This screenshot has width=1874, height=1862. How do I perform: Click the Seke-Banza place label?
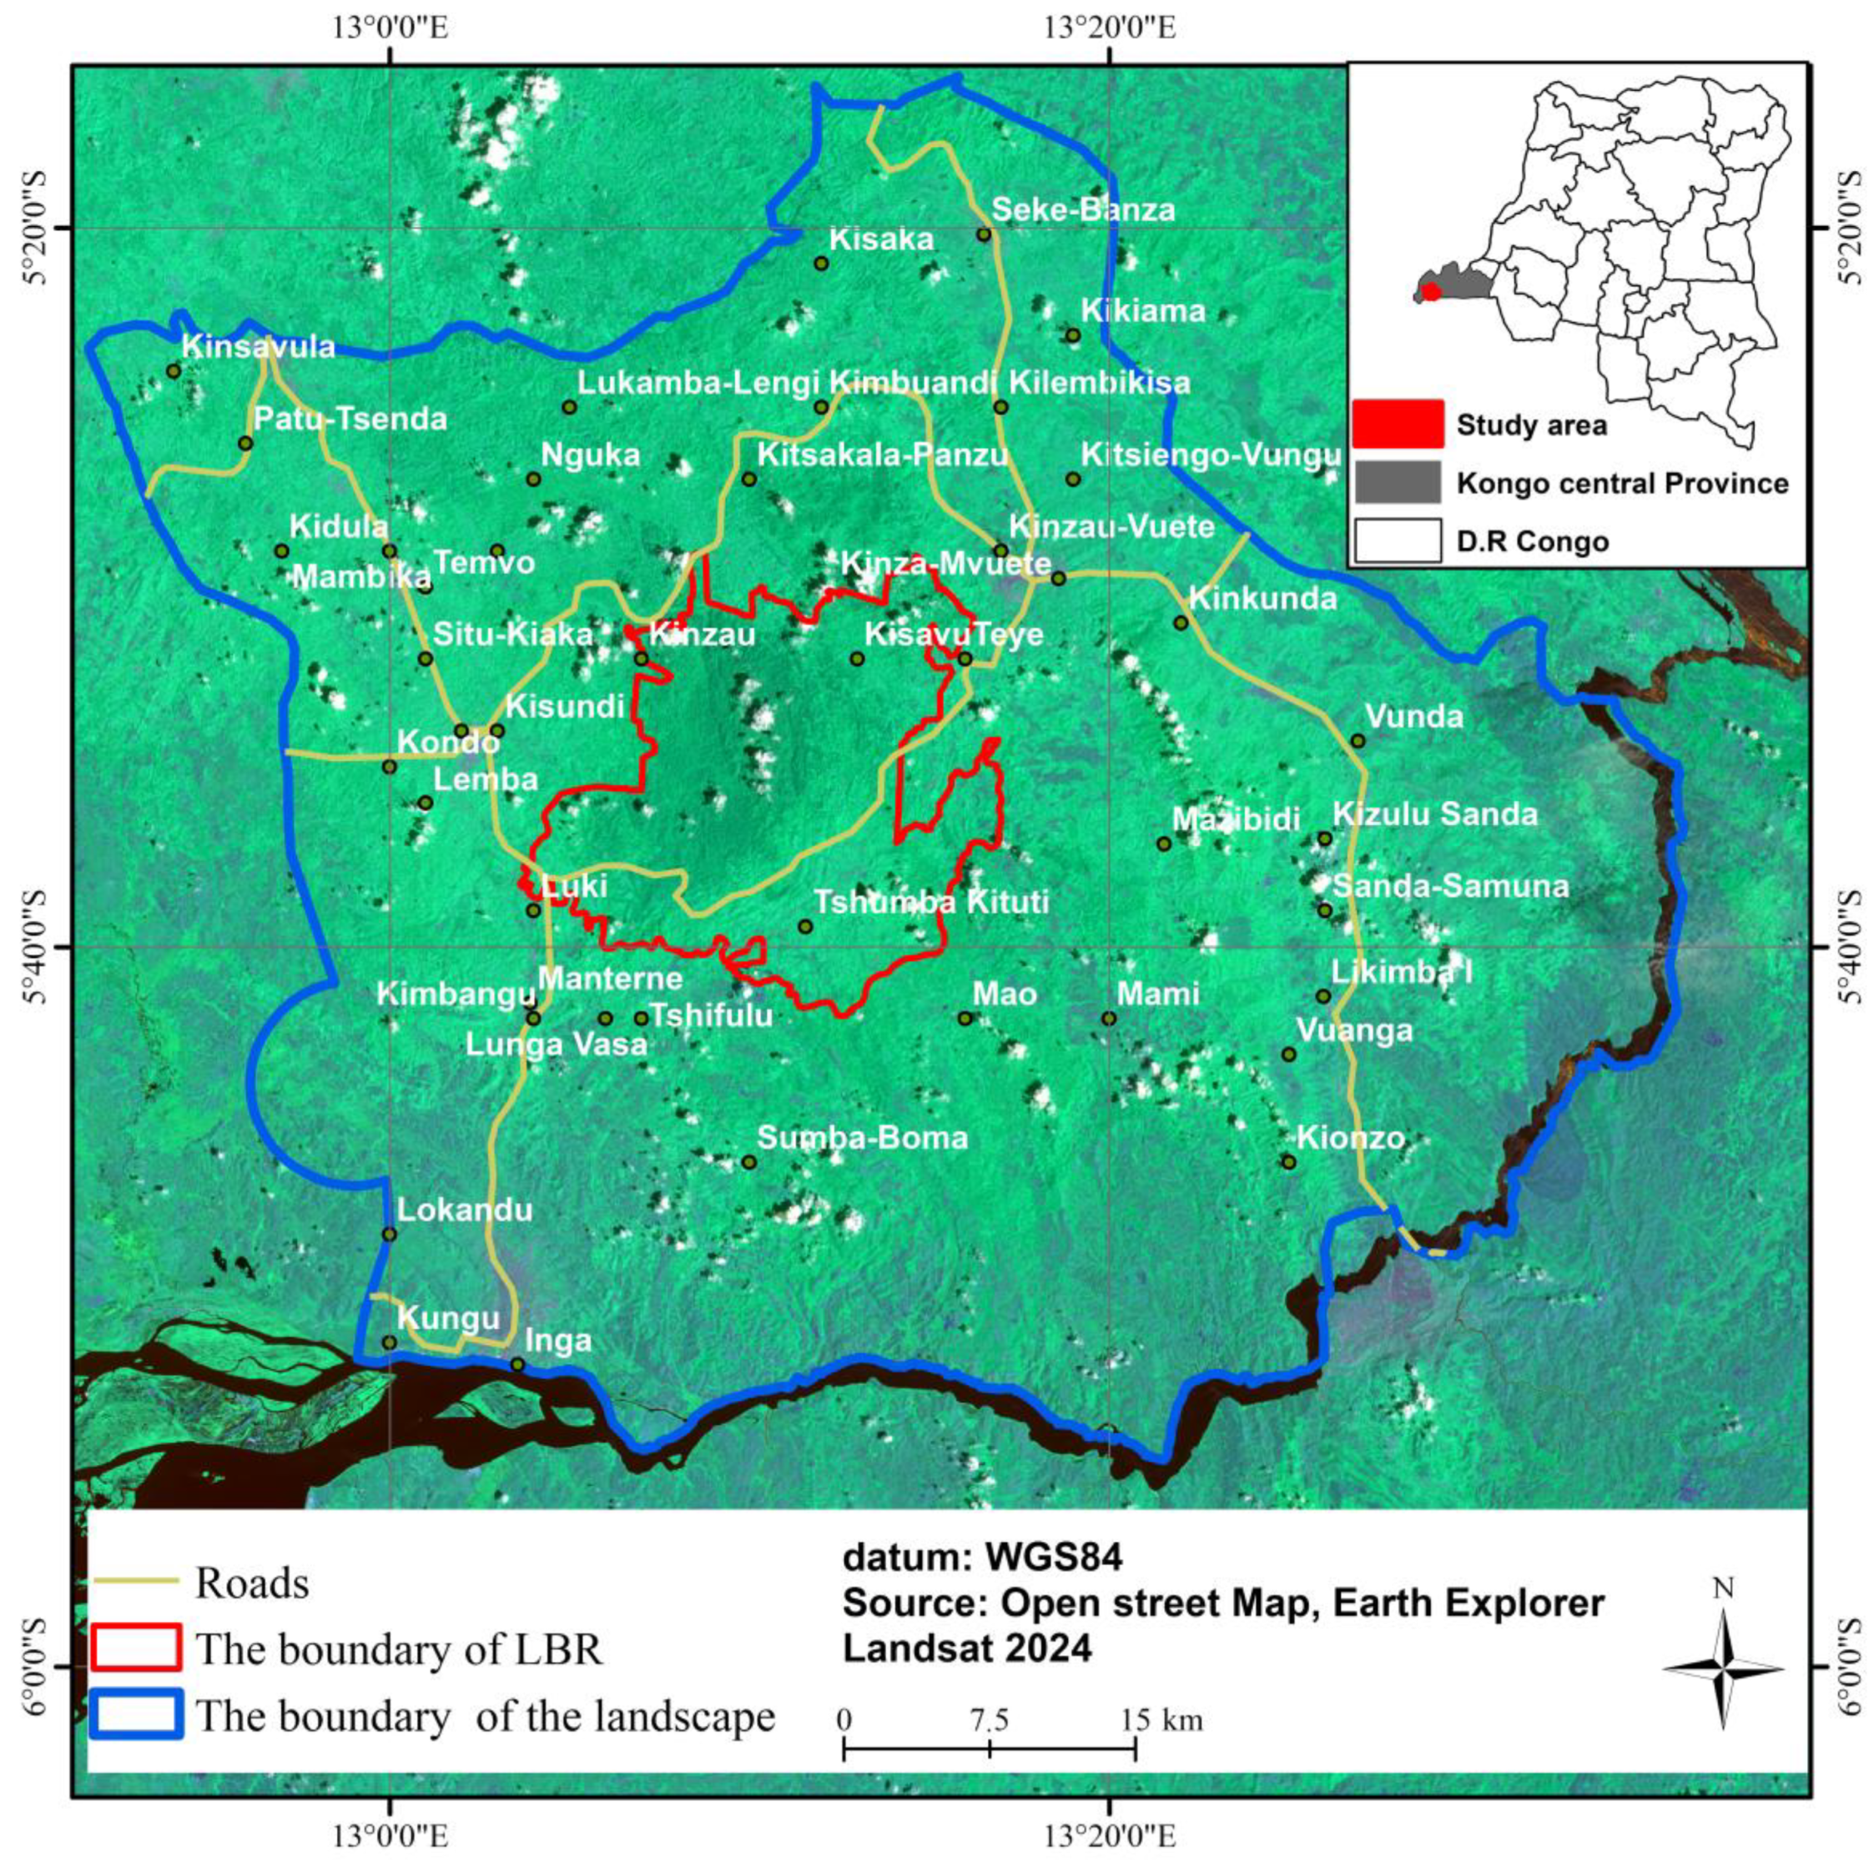coord(1081,210)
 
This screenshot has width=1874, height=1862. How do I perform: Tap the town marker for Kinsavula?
coord(174,370)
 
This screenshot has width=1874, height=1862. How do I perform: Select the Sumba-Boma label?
coord(861,1138)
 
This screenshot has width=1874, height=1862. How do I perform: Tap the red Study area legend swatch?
coord(1398,425)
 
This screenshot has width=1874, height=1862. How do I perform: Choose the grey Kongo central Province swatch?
coord(1398,482)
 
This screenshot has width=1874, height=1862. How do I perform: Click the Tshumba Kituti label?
coord(930,902)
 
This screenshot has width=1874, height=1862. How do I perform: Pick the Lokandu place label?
coord(465,1210)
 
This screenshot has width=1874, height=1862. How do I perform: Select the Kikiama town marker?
coord(1073,335)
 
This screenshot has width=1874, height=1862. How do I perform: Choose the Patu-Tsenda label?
coord(350,419)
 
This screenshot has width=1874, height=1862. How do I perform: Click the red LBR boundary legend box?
coord(136,1648)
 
